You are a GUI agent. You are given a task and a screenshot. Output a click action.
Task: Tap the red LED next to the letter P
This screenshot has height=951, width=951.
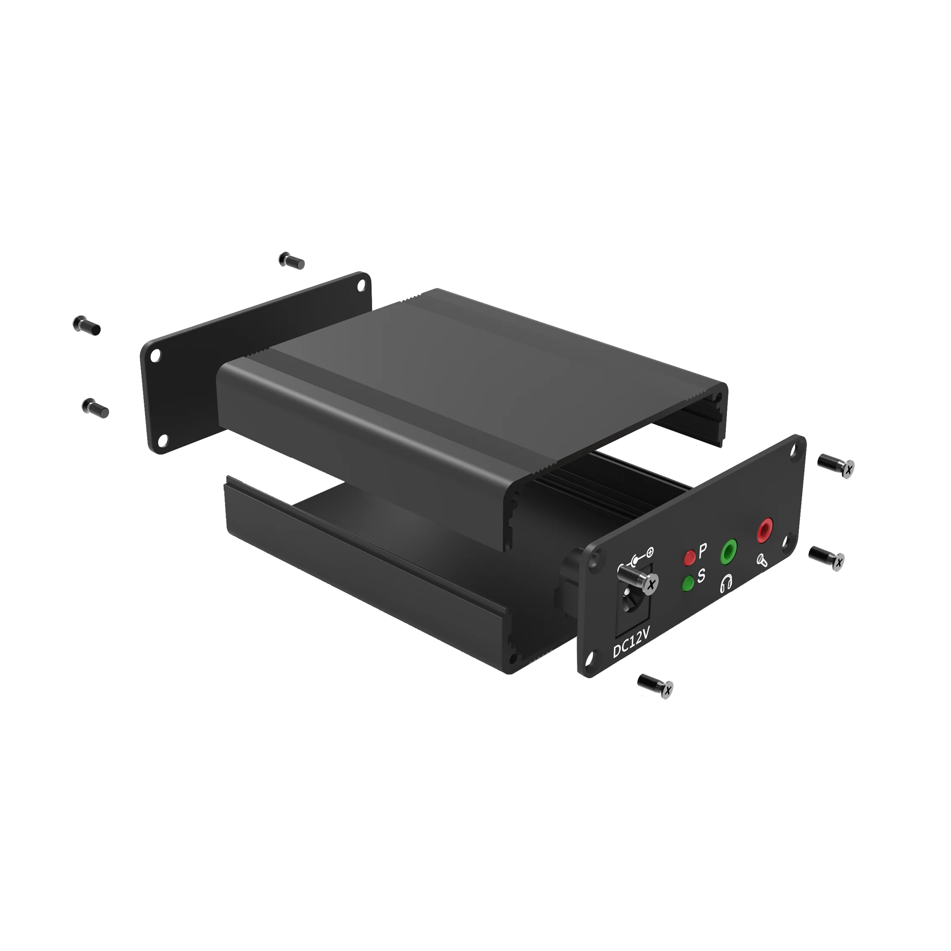[x=690, y=557]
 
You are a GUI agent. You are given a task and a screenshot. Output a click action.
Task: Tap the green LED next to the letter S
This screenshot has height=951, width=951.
[x=688, y=583]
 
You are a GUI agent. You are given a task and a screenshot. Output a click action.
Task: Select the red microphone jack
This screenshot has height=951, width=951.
[x=764, y=530]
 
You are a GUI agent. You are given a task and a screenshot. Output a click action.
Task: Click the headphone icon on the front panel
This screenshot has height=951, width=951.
[x=727, y=584]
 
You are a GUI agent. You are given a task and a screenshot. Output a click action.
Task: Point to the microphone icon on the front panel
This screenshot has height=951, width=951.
[x=762, y=560]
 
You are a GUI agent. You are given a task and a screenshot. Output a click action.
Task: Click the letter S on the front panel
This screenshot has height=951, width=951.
[x=701, y=575]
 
